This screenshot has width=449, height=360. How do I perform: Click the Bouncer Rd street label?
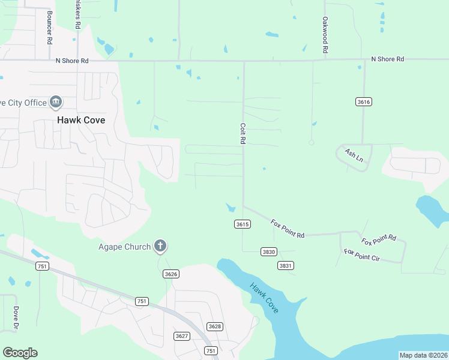click(49, 26)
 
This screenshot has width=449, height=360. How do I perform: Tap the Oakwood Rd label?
click(324, 35)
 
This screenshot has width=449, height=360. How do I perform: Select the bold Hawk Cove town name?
click(81, 120)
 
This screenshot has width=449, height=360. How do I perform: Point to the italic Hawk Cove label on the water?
click(265, 298)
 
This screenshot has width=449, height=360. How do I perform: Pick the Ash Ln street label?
click(354, 155)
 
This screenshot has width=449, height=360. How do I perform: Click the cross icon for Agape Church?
click(160, 245)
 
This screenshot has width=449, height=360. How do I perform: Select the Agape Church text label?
click(124, 247)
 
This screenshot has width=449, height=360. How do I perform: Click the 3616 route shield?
click(363, 101)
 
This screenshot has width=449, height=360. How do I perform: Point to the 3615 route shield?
click(242, 224)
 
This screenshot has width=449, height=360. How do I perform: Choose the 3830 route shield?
click(268, 251)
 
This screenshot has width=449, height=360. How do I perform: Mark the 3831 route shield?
click(286, 265)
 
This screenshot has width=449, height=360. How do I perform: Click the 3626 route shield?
click(170, 274)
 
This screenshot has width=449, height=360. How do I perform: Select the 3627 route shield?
click(181, 335)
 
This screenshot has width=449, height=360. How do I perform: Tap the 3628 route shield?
click(214, 326)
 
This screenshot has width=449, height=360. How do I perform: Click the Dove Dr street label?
click(16, 318)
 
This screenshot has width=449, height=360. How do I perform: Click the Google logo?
click(20, 352)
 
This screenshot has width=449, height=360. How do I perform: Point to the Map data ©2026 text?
click(423, 355)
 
